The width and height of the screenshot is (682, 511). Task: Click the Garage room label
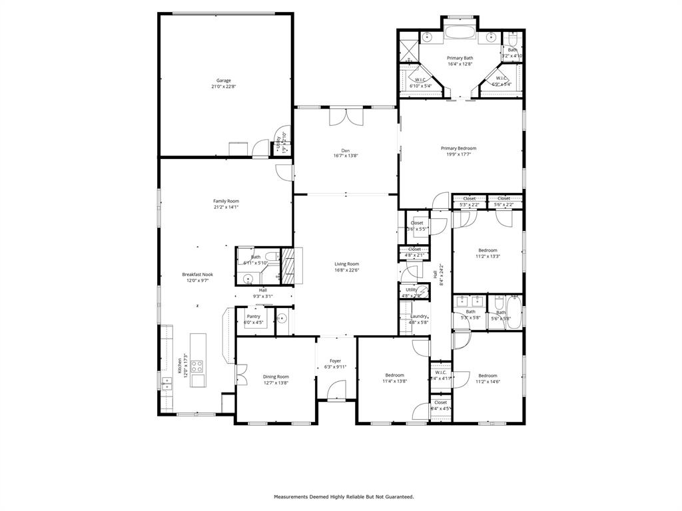pos(223,81)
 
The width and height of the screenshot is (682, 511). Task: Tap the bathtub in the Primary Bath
pos(460,32)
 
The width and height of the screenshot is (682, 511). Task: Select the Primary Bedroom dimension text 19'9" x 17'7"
pos(458,154)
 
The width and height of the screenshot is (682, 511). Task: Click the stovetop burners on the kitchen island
pos(197,367)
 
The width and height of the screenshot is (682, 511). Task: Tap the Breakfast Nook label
pos(198,274)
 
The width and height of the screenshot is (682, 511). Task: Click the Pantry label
pos(253,316)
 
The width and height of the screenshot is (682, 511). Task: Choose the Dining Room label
pos(276,377)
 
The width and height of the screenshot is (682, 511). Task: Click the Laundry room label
pos(418,316)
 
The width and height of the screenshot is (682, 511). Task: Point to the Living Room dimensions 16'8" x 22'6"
pos(346,270)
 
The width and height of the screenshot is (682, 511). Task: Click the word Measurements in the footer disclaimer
pos(292,496)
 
